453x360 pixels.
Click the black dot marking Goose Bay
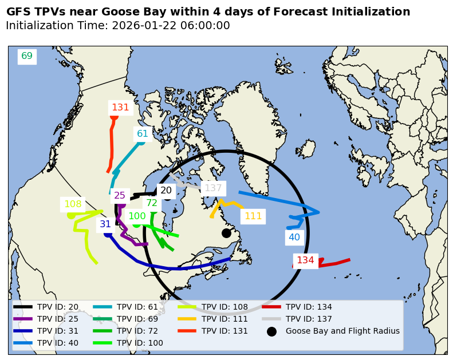226,233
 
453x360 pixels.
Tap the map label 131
120,108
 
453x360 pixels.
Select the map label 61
143,134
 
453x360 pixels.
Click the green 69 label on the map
27,56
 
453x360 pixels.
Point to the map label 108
73,204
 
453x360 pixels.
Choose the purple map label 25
120,196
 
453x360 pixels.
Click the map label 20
166,191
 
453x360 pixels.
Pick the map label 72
152,203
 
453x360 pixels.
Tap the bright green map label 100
137,216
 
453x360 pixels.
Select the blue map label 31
105,224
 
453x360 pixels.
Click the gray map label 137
213,188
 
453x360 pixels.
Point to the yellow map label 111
253,216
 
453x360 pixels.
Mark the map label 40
294,238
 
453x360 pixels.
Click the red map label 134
305,260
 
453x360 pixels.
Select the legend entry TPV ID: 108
224,307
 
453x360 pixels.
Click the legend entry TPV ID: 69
137,319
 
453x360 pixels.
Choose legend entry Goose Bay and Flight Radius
342,331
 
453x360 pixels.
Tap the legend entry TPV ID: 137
309,319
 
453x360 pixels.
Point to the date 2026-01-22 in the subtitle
144,26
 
